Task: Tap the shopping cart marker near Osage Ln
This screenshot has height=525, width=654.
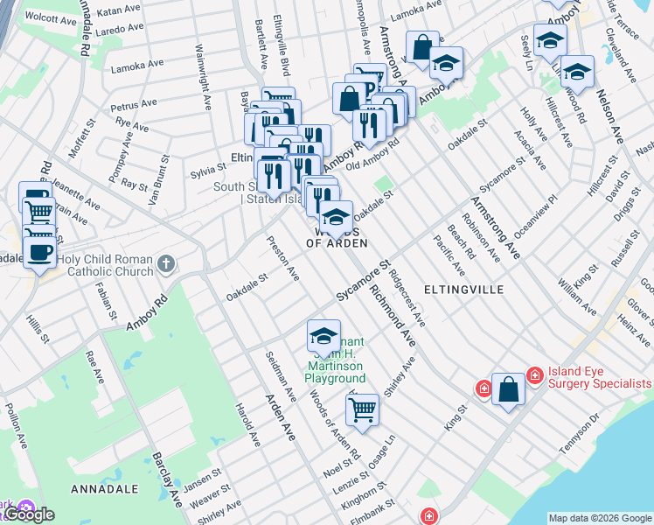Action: (362, 409)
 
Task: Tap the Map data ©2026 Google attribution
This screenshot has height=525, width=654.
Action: (600, 517)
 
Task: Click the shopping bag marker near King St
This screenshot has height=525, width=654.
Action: (508, 390)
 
